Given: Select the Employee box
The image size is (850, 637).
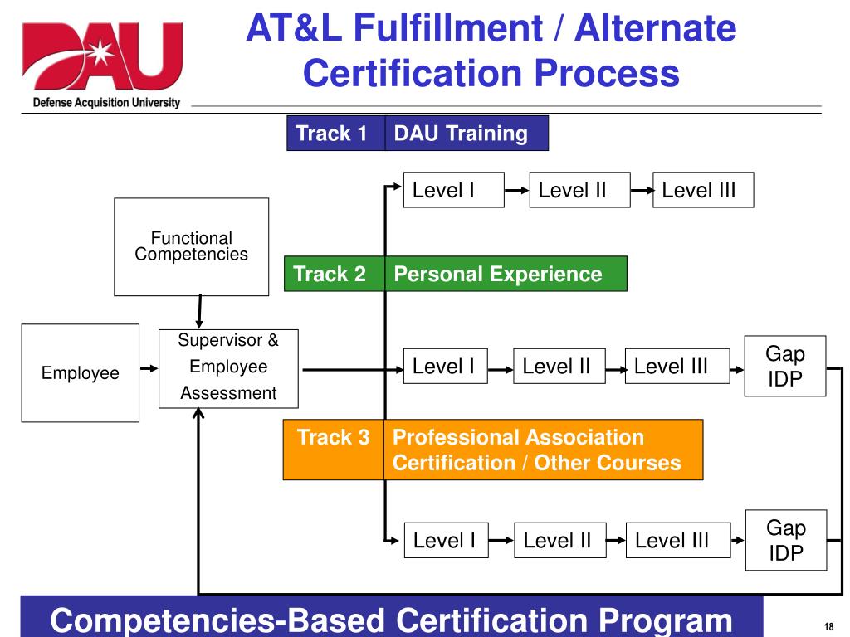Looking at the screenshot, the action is (x=80, y=373).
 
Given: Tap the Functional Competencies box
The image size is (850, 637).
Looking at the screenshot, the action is (x=191, y=246).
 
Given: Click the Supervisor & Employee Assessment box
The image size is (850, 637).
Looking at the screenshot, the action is (x=228, y=367).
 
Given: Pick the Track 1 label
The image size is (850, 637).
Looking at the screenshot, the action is (x=332, y=133).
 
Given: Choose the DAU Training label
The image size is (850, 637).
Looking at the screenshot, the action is (x=462, y=133).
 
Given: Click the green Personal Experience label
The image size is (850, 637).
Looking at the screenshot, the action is (x=498, y=274).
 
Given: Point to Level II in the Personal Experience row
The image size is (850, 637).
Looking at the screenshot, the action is (x=557, y=367).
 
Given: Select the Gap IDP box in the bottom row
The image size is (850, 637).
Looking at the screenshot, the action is (x=785, y=540).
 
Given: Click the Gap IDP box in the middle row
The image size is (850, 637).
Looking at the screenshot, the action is (x=785, y=367).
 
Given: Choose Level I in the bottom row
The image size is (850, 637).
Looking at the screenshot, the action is (x=444, y=541).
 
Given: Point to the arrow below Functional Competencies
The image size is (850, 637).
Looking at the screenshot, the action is (x=199, y=312).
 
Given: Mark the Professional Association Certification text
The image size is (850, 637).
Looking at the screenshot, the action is (x=518, y=437).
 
